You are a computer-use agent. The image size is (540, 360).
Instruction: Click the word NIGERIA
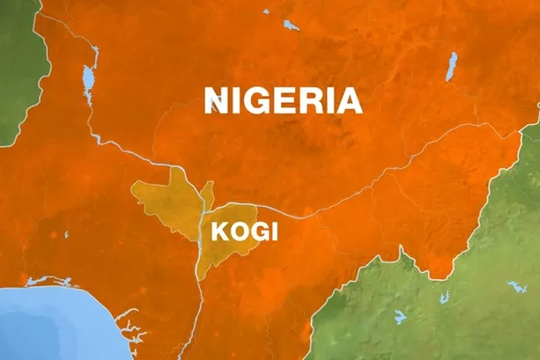(283, 99)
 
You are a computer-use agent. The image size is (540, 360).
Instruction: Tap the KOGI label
(244, 231)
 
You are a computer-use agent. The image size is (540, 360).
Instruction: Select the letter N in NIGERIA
(216, 99)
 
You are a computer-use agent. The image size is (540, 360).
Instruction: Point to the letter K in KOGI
(218, 231)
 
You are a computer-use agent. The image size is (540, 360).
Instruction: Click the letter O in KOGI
(237, 231)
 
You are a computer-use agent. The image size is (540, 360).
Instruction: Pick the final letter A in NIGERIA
(349, 99)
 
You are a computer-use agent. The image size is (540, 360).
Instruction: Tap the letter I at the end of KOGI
(274, 231)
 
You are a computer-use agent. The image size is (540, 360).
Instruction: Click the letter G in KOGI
(256, 231)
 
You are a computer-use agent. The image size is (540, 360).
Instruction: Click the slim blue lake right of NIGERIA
(451, 66)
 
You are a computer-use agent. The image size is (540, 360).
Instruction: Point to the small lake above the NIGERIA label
(290, 25)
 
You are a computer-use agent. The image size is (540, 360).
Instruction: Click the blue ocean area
(54, 324)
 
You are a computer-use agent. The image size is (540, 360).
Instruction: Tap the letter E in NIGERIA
(289, 99)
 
